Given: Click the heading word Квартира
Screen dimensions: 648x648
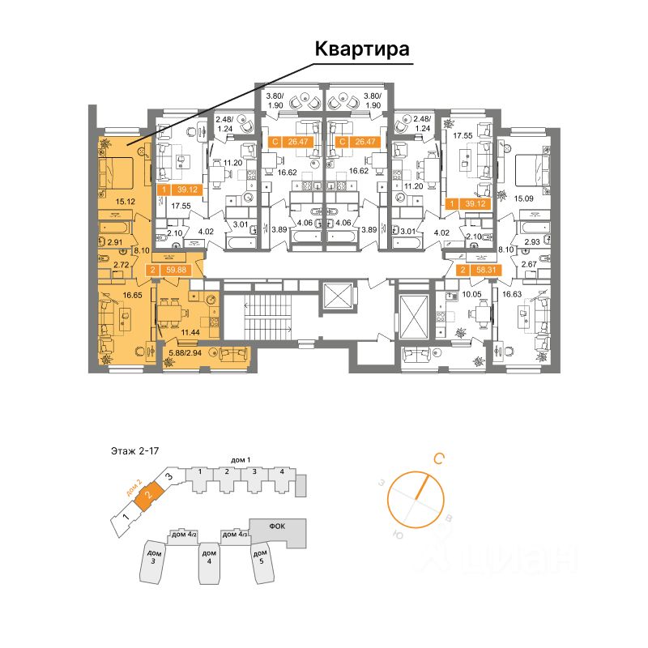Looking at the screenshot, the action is (x=362, y=49).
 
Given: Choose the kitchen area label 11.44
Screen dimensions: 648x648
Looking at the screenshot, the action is (x=190, y=332).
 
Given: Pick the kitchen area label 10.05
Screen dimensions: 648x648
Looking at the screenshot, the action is (x=473, y=296).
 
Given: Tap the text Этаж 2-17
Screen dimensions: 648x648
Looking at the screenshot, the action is (x=135, y=450).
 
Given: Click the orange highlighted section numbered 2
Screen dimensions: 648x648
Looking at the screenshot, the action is (x=147, y=494).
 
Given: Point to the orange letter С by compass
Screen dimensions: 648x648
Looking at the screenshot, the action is (x=438, y=459).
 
